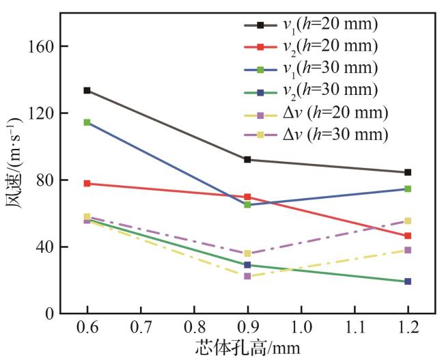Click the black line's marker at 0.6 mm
pos(87,90)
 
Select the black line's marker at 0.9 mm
pos(247,159)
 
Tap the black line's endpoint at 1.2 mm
pos(408,172)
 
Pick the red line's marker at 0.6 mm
pos(87,183)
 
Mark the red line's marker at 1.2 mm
pos(408,236)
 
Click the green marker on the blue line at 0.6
pos(87,122)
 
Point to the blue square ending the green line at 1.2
pos(408,281)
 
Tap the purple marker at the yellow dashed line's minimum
pos(247,276)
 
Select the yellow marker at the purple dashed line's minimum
pos(247,253)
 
